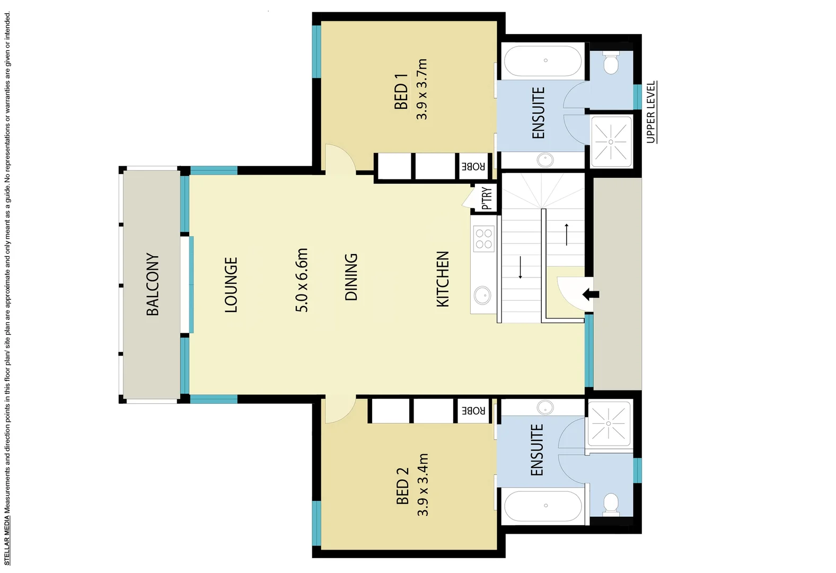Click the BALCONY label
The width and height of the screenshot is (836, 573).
pyautogui.click(x=152, y=284)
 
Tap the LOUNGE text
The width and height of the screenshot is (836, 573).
pyautogui.click(x=231, y=284)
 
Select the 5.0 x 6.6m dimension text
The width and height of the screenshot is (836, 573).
pyautogui.click(x=301, y=280)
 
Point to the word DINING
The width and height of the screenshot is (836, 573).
pyautogui.click(x=351, y=277)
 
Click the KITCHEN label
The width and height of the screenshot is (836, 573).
pyautogui.click(x=443, y=279)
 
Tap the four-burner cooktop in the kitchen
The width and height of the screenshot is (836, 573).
pyautogui.click(x=483, y=238)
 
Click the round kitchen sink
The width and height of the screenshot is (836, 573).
pyautogui.click(x=482, y=295)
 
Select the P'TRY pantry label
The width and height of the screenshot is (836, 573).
pyautogui.click(x=487, y=198)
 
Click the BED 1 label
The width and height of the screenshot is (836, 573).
pyautogui.click(x=401, y=91)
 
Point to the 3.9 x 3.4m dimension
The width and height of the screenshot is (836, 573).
pyautogui.click(x=423, y=484)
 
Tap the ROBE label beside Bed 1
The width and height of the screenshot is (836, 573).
pyautogui.click(x=473, y=167)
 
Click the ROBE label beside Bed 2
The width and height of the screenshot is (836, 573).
pyautogui.click(x=473, y=411)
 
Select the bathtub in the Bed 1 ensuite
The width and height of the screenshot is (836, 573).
pyautogui.click(x=542, y=61)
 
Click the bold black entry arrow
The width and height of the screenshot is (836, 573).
pyautogui.click(x=591, y=294)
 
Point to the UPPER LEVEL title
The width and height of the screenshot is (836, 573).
pyautogui.click(x=651, y=112)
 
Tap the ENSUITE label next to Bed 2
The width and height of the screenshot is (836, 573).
pyautogui.click(x=536, y=449)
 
